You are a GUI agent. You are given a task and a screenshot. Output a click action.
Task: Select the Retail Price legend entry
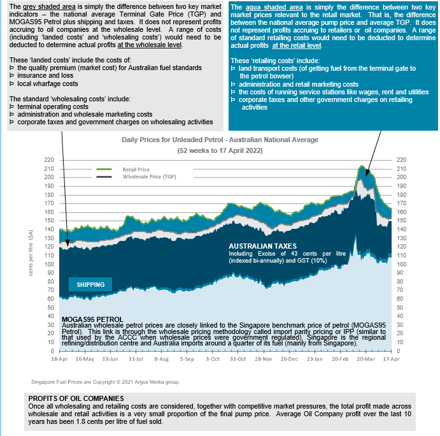point(136,170)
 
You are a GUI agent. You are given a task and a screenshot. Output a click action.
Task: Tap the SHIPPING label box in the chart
point(90,284)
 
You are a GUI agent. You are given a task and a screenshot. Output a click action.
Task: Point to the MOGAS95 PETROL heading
point(92,319)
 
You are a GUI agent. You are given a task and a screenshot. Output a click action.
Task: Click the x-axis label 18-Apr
point(59,359)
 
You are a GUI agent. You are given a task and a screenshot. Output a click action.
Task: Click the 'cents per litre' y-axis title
point(31,255)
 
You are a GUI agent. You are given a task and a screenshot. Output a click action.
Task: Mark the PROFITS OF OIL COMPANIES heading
point(76,398)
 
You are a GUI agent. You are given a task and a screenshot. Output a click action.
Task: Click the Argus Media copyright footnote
point(105,382)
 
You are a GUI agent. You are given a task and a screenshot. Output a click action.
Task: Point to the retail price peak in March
point(362,166)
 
